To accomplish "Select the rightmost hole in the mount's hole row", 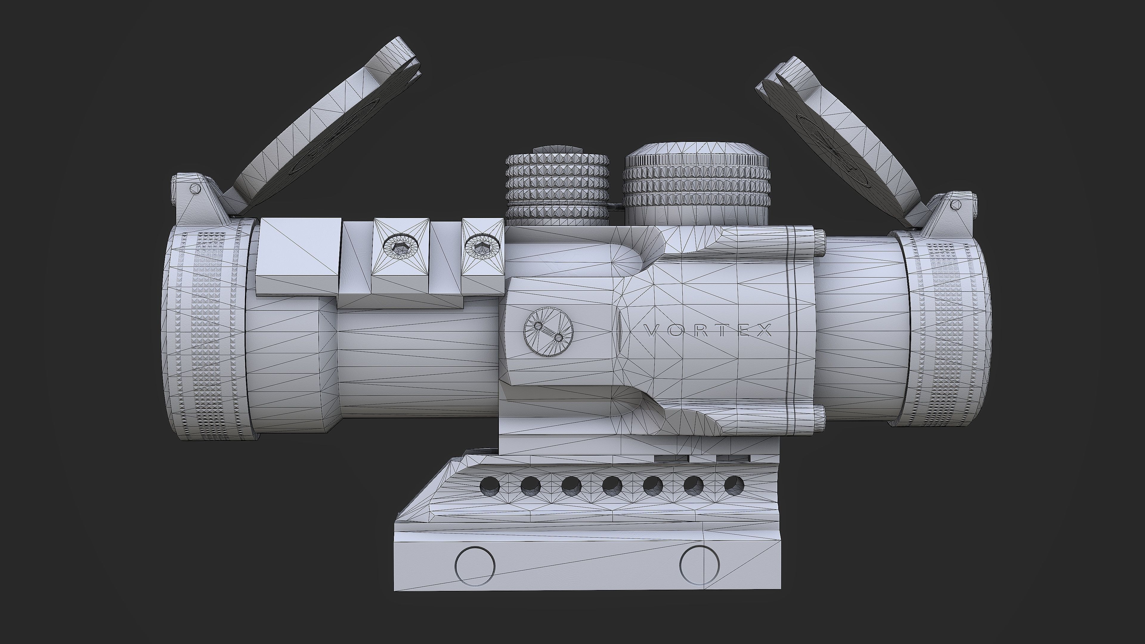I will pos(734,486).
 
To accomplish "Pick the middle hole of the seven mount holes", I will pos(612,487).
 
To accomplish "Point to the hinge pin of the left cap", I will pos(194,188).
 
